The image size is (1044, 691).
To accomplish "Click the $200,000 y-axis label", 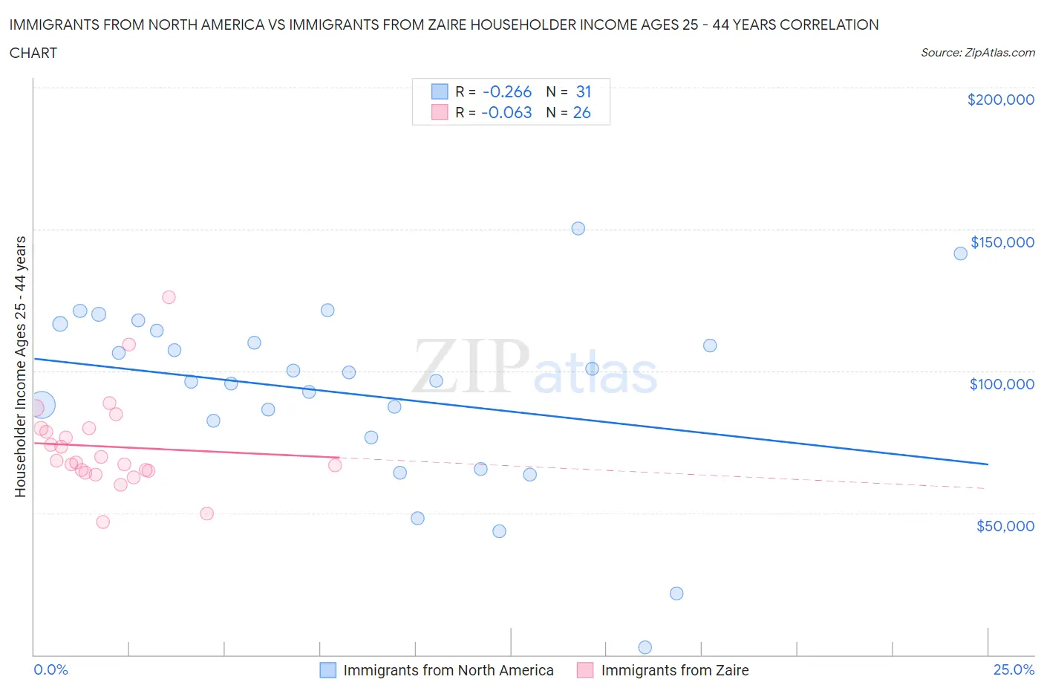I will coord(1000,100).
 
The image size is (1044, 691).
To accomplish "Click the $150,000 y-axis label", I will coord(1002,242).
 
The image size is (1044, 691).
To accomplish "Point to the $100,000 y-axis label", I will coord(1002,384).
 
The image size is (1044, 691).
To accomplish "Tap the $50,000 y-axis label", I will coord(1005,526).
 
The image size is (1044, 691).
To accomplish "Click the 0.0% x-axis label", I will coord(50,669).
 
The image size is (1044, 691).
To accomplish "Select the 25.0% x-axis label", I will coord(1014,669).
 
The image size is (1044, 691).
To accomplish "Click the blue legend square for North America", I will coord(328,670).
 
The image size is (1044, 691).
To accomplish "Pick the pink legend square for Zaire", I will coord(585,670).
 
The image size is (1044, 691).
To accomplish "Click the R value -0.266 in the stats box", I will coord(507,91).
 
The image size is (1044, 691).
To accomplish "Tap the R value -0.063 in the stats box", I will coord(506,112).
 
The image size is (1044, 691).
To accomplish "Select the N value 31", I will coord(584,91).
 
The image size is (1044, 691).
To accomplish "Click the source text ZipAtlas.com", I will coord(977,52).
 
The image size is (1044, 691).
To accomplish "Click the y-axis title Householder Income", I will coord(20,366).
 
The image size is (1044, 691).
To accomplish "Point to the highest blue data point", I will coord(578,229).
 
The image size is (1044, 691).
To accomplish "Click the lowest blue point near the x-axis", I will coord(645,647).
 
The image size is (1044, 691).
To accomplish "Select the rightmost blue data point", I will coord(960,253).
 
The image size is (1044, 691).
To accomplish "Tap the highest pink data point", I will coord(169,297).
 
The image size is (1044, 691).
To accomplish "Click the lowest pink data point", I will coord(103,522).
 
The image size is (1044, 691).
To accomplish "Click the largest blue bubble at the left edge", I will coord(42,405).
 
